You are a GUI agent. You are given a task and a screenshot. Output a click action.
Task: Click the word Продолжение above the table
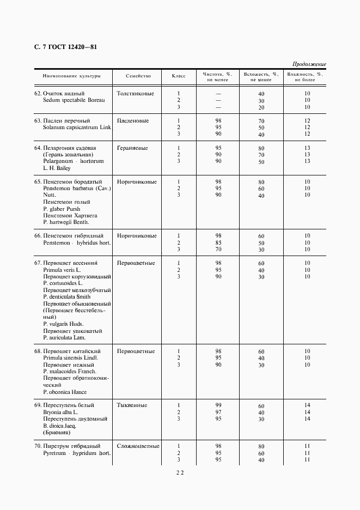pos(309,64)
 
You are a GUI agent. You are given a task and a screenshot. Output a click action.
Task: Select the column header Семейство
pos(138,76)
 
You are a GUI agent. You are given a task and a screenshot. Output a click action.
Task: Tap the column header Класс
pos(179,76)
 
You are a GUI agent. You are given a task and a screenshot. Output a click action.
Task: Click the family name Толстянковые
pos(136,93)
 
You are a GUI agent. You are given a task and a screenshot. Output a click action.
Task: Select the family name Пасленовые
pos(133,120)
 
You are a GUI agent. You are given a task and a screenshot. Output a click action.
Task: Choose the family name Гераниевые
pos(133,148)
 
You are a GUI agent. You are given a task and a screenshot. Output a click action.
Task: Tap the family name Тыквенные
pos(132,405)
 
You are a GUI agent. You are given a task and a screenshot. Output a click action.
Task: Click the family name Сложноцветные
pos(138,446)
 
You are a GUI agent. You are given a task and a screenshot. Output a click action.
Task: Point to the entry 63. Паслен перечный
pos(62,120)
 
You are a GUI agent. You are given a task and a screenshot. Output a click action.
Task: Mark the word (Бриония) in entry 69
pos(57,433)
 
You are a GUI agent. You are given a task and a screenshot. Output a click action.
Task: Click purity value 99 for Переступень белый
pos(218,405)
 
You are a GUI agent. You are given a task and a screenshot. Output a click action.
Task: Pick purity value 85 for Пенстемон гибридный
pos(218,243)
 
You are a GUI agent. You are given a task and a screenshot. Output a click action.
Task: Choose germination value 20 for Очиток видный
pos(261,108)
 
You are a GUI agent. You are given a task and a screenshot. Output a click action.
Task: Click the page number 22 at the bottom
pos(180,473)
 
